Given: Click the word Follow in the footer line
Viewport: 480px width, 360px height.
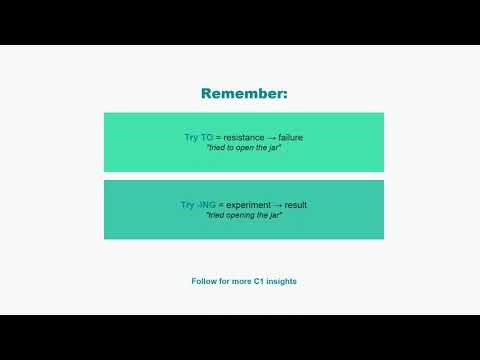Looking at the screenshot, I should click(205, 281).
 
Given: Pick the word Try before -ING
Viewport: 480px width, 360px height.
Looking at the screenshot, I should click(188, 205).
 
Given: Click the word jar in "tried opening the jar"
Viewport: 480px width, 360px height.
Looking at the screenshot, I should click(274, 217).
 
